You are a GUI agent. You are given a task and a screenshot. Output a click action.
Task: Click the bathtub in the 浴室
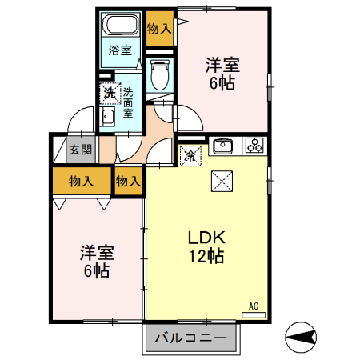[121, 24]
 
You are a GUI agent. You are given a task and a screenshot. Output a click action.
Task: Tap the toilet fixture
[159, 74]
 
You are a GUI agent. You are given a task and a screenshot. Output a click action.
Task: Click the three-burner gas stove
[254, 146]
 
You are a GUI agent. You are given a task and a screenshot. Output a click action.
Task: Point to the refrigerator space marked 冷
[190, 156]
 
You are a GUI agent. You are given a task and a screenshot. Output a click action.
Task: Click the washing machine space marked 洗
[110, 93]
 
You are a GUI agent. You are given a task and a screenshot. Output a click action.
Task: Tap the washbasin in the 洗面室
[108, 117]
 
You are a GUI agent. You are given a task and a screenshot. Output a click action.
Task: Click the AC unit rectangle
[254, 315]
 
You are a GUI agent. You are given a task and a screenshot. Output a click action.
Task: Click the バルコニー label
[190, 338]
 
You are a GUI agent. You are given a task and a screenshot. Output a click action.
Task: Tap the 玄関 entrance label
[81, 150]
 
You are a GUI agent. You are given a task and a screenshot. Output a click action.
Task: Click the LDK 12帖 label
[206, 246]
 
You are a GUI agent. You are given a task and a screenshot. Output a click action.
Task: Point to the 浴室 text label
[120, 50]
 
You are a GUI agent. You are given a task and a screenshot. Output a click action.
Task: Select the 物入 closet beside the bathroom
[159, 29]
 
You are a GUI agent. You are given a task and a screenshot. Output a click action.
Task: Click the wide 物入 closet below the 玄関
[82, 181]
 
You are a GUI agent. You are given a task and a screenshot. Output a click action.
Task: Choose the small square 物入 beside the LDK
[128, 182]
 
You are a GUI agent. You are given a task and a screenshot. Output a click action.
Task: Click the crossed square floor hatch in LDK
[222, 182]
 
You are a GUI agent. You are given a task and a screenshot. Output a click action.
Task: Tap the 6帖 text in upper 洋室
[222, 83]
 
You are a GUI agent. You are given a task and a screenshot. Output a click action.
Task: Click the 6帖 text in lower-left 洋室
[97, 271]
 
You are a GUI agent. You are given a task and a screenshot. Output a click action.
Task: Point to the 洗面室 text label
[128, 102]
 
